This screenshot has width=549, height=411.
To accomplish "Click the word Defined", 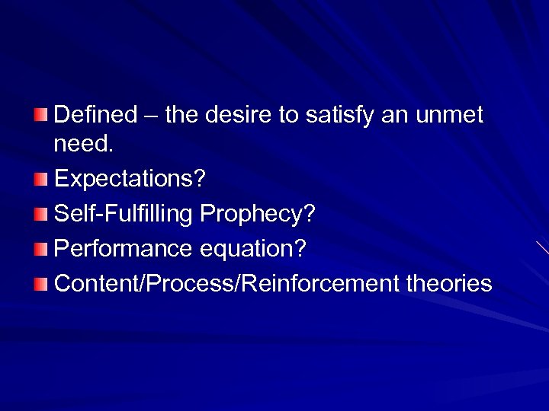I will pyautogui.click(x=96, y=115).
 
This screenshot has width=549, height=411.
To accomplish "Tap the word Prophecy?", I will pyautogui.click(x=257, y=215).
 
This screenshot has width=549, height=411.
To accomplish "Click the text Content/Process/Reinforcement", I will pyautogui.click(x=226, y=283).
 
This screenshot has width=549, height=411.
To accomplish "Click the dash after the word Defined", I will pyautogui.click(x=151, y=116).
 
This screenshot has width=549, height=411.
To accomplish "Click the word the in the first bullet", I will pyautogui.click(x=181, y=115).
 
